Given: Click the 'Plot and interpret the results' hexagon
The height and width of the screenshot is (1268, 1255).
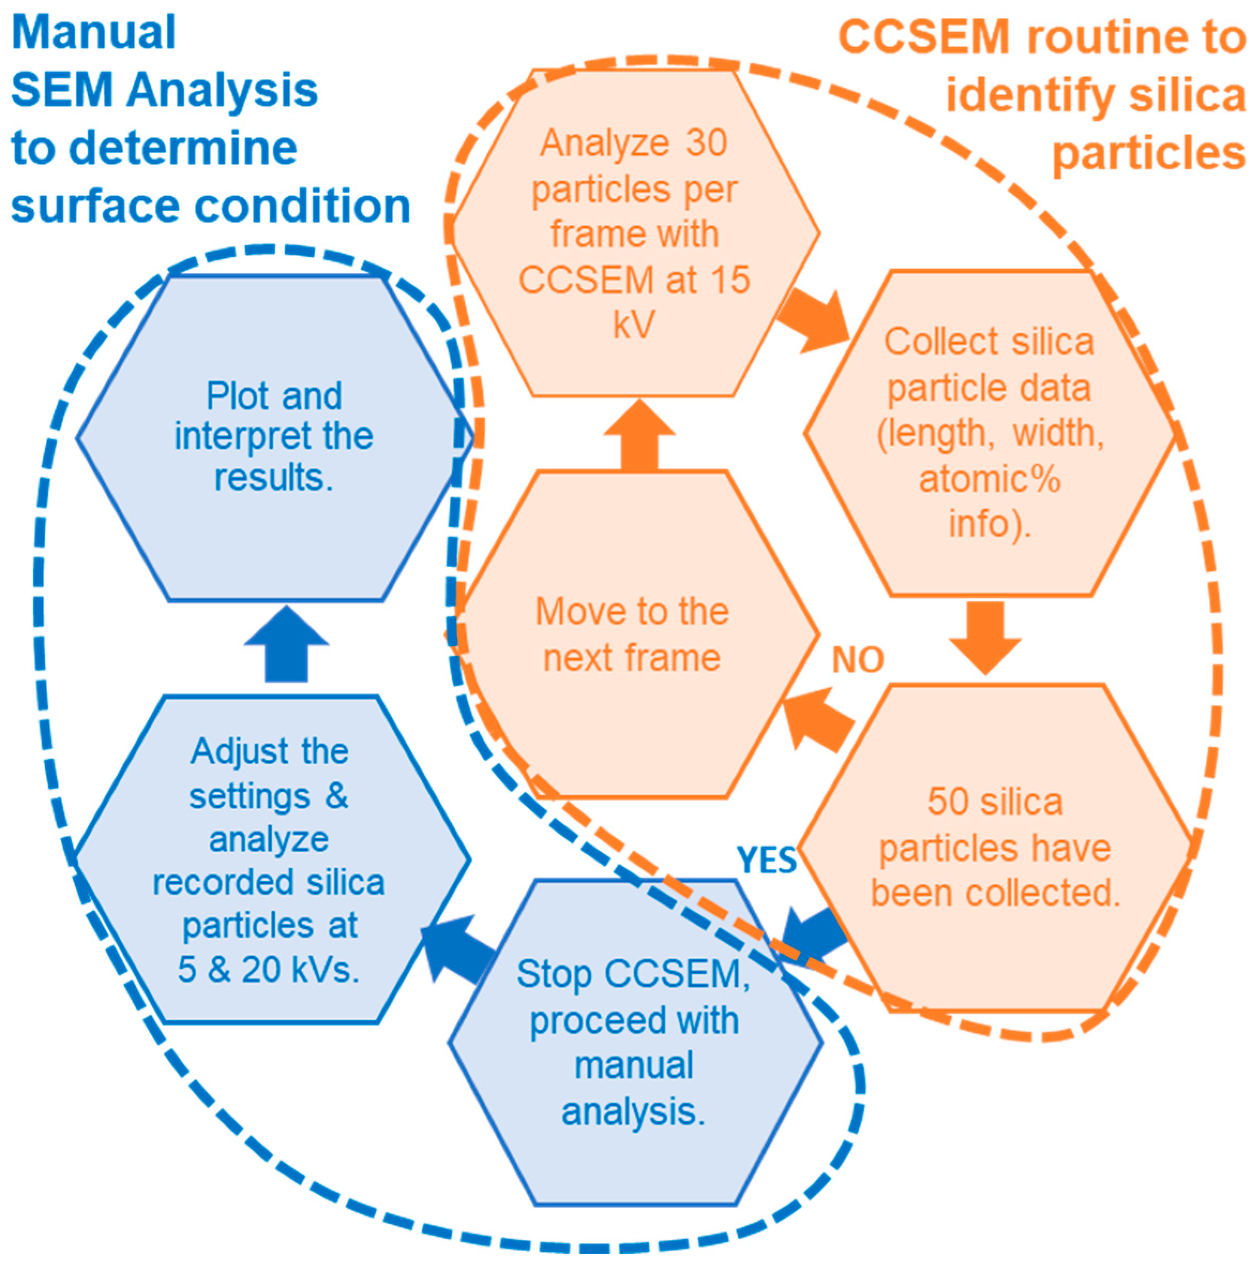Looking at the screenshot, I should click(x=274, y=436).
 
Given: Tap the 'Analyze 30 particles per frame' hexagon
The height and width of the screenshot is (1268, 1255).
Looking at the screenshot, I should click(x=634, y=233).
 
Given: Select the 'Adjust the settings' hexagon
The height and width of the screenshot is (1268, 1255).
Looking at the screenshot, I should click(x=271, y=860).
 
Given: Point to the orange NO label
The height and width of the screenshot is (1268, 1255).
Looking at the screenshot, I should click(x=858, y=660).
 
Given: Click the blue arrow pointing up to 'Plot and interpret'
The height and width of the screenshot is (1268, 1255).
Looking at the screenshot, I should click(x=286, y=646).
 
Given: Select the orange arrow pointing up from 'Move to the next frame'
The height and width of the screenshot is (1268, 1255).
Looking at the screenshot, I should click(x=639, y=436).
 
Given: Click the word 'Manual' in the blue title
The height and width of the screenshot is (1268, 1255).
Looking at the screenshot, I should click(x=94, y=33).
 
